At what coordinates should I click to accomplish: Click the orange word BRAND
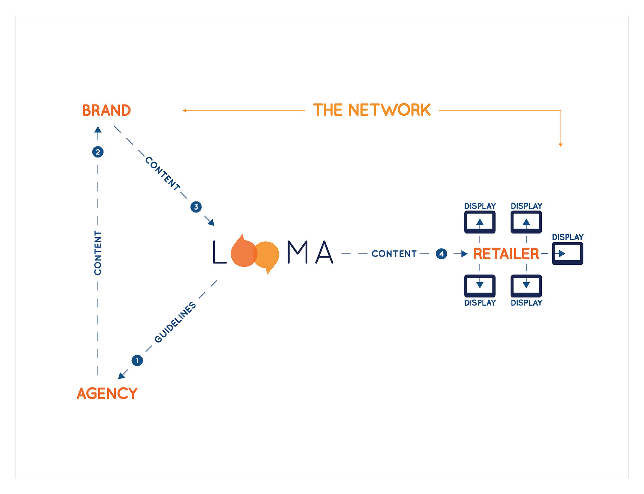(106, 110)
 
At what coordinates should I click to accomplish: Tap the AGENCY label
(107, 393)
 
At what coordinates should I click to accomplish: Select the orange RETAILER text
(506, 254)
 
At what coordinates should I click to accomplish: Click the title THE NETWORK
(372, 110)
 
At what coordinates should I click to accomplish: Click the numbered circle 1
(137, 361)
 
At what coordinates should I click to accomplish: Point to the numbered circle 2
(98, 152)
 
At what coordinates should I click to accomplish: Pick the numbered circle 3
(196, 207)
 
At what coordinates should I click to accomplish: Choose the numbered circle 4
(441, 254)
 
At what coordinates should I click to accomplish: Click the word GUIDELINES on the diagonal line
(175, 322)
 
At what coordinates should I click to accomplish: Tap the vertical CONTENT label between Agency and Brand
(98, 253)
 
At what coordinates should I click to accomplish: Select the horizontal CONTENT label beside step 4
(394, 254)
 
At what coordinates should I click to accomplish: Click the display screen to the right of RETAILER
(568, 254)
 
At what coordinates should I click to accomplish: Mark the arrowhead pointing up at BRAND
(98, 130)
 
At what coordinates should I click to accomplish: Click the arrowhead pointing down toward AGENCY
(122, 376)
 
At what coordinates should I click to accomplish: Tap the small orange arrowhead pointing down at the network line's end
(560, 145)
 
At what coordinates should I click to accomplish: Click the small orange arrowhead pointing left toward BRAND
(184, 110)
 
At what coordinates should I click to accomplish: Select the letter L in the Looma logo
(219, 252)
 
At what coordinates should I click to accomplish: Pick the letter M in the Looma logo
(298, 252)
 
